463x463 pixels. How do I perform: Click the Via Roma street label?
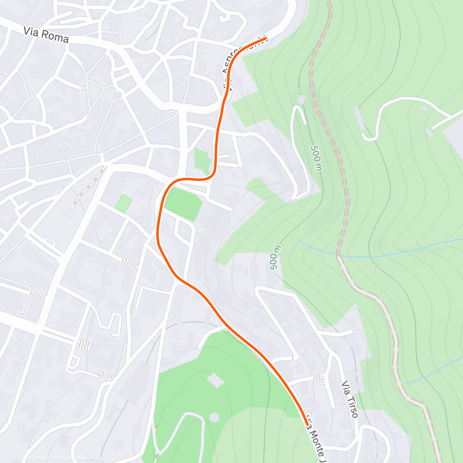[x=46, y=35]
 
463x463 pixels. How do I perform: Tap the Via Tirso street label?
[x=350, y=399]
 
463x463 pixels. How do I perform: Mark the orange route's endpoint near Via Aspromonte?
[x=265, y=39]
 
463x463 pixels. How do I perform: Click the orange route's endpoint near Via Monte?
[x=307, y=424]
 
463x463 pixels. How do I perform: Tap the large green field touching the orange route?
[x=183, y=204]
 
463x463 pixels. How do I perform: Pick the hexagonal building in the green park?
[x=214, y=417]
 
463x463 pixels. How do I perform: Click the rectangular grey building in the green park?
[x=216, y=380]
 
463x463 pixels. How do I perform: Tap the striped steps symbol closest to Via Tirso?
[x=318, y=377]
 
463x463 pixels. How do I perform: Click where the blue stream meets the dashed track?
[x=338, y=255]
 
